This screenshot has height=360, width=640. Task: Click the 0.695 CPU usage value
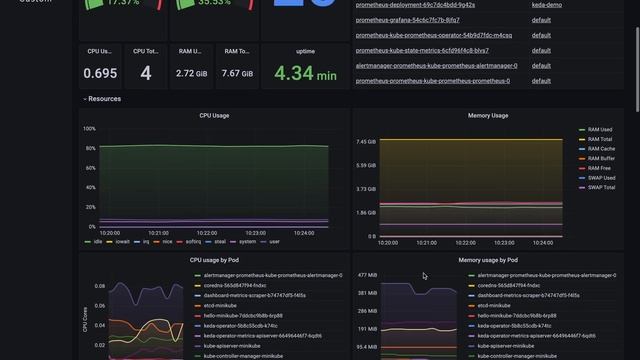pos(100,73)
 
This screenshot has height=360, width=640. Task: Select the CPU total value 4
pos(146,73)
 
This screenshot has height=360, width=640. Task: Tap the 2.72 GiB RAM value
pos(191,73)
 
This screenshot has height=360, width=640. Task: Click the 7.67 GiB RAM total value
pos(237,73)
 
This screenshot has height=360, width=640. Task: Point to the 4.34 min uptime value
pos(305,73)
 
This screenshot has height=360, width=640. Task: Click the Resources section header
pos(104,99)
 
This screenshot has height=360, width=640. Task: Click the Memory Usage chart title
pos(488,116)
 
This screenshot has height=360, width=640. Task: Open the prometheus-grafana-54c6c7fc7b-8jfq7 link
pos(409,19)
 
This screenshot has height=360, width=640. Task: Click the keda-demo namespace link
pos(545,4)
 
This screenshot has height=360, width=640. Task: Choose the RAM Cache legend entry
pos(601,149)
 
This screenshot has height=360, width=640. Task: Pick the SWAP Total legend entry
pos(601,187)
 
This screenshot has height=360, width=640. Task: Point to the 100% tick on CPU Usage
pos(89,128)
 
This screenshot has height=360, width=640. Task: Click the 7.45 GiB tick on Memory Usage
pos(365,142)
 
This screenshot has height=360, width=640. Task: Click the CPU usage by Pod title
pos(214,260)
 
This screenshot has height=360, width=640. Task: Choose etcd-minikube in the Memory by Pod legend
pos(496,305)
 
